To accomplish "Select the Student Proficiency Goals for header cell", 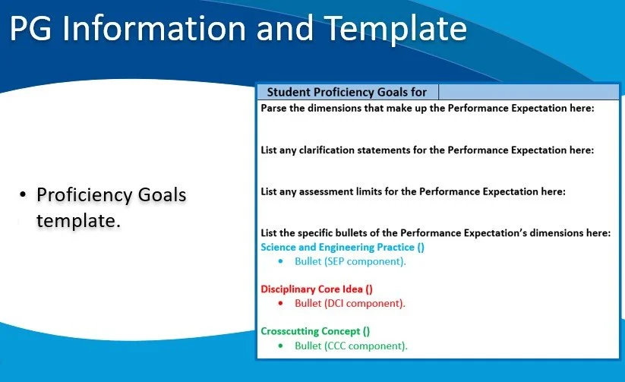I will [346, 92].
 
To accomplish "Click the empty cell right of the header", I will [529, 92].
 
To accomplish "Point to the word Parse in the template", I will [275, 109].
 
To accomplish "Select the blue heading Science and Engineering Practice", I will [333, 247].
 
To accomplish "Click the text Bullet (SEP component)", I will [350, 261].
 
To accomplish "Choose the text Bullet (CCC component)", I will [351, 346].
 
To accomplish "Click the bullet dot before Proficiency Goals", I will [23, 195].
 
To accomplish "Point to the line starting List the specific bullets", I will [435, 233].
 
